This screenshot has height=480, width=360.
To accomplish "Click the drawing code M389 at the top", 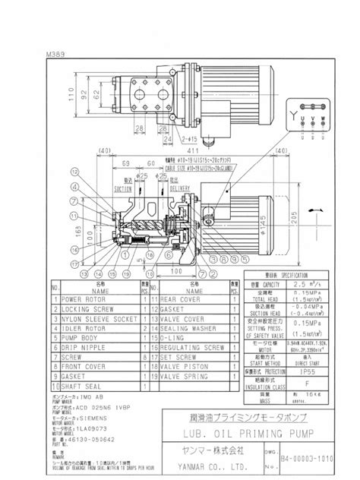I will (x=56, y=55).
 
